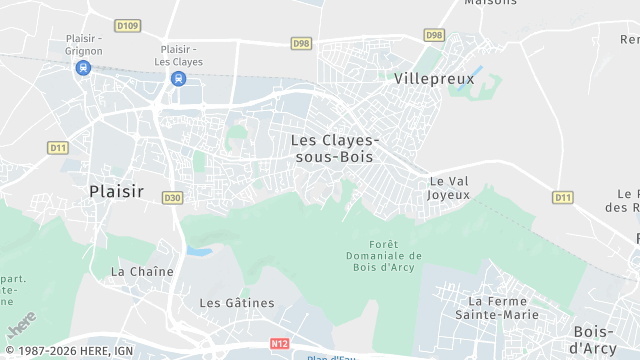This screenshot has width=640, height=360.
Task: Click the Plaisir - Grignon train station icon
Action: tap(82, 68)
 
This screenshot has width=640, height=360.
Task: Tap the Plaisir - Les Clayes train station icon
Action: tap(178, 79)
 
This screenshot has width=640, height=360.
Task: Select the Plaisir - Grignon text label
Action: tap(83, 44)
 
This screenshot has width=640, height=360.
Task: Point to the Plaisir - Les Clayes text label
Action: tap(181, 55)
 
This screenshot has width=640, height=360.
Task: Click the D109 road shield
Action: tap(126, 25)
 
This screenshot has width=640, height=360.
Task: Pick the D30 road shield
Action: tap(173, 198)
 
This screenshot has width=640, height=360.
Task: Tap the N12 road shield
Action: tap(279, 343)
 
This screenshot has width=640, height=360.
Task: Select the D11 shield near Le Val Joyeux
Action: tap(563, 197)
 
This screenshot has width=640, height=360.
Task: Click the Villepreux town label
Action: tap(433, 77)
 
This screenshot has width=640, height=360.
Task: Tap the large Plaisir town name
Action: tap(116, 191)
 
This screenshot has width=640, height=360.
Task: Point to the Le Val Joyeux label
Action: tap(448, 188)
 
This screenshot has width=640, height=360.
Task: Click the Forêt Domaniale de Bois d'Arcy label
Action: tap(381, 255)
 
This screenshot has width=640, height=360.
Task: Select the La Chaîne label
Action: tap(142, 271)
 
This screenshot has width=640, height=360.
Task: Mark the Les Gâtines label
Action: tap(236, 303)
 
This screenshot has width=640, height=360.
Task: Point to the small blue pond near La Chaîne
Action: tap(200, 250)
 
